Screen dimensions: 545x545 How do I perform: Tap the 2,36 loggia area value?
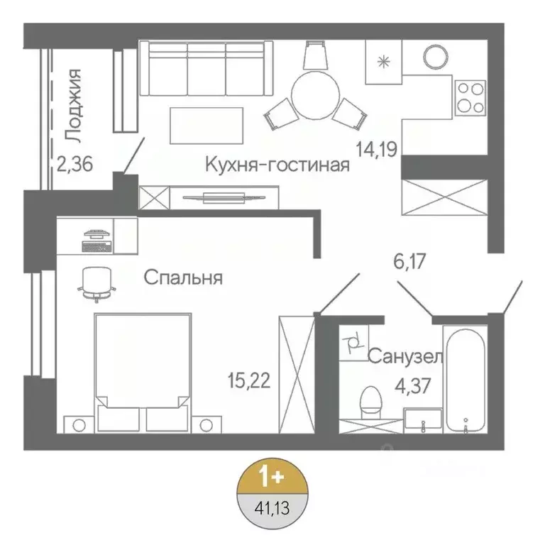(76, 164)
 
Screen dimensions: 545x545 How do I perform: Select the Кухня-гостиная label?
(277, 165)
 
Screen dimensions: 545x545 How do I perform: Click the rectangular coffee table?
(207, 125)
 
